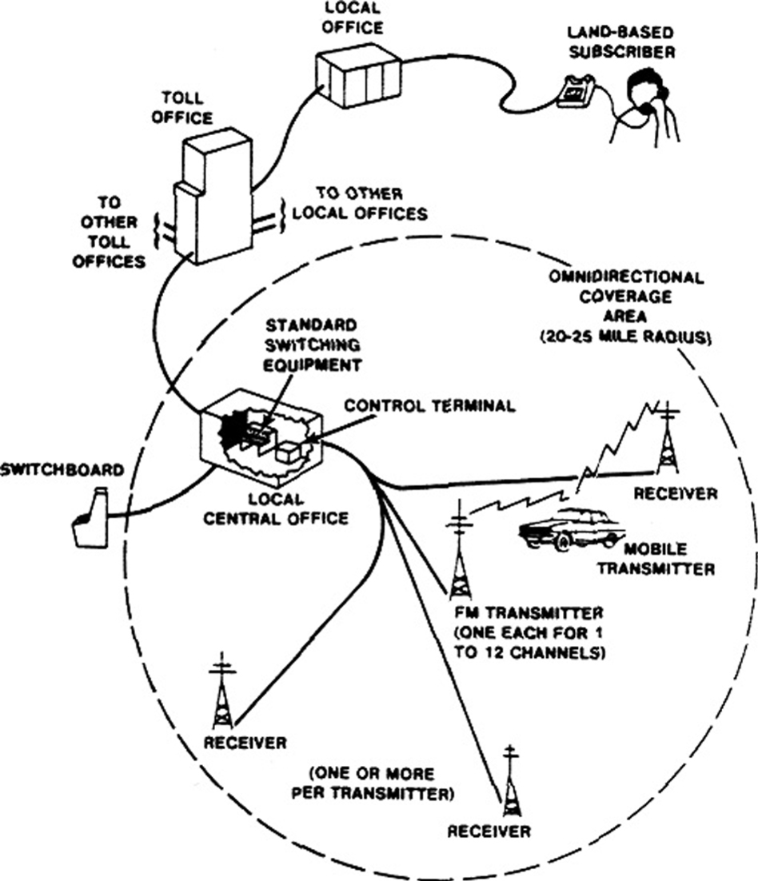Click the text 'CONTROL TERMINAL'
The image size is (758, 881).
point(429,406)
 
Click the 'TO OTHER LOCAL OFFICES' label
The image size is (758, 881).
point(370,204)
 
